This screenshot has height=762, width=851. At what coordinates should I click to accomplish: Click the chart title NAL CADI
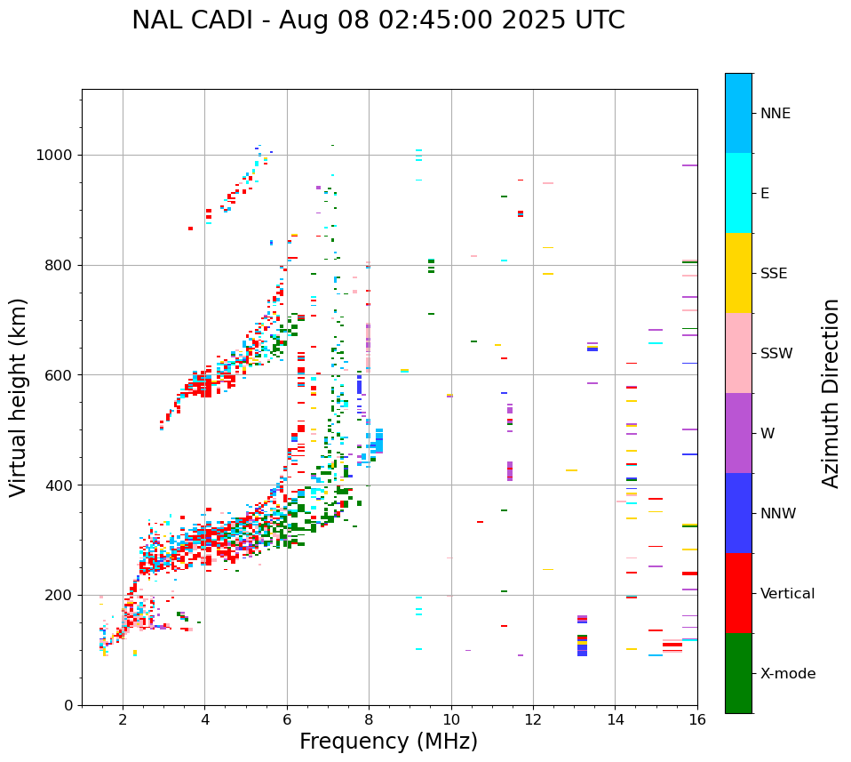point(378,20)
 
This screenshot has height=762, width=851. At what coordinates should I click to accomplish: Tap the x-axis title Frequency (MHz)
point(388,742)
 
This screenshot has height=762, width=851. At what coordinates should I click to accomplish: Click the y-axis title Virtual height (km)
point(19,397)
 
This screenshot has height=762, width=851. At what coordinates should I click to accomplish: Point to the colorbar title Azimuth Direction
point(831,393)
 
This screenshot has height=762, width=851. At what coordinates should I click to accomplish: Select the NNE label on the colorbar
point(775,114)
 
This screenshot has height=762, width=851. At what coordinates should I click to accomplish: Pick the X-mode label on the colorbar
point(787,674)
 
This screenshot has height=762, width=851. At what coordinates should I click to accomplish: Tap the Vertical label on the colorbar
point(787,594)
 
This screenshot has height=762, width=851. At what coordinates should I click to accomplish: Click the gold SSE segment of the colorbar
point(738,273)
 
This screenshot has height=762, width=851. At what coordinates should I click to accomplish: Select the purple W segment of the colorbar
point(738,433)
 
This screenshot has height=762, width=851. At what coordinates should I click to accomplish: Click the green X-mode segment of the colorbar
point(738,673)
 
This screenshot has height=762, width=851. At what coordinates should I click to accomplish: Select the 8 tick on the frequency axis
point(369,718)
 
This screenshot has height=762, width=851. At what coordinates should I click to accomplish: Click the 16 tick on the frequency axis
point(697,718)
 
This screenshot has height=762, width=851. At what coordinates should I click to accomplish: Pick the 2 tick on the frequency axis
point(123,718)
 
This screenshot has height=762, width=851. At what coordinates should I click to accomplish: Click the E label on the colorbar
point(764,194)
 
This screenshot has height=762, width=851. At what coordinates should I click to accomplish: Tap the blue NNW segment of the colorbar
point(738,513)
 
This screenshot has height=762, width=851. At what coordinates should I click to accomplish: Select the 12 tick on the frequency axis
point(533,718)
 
